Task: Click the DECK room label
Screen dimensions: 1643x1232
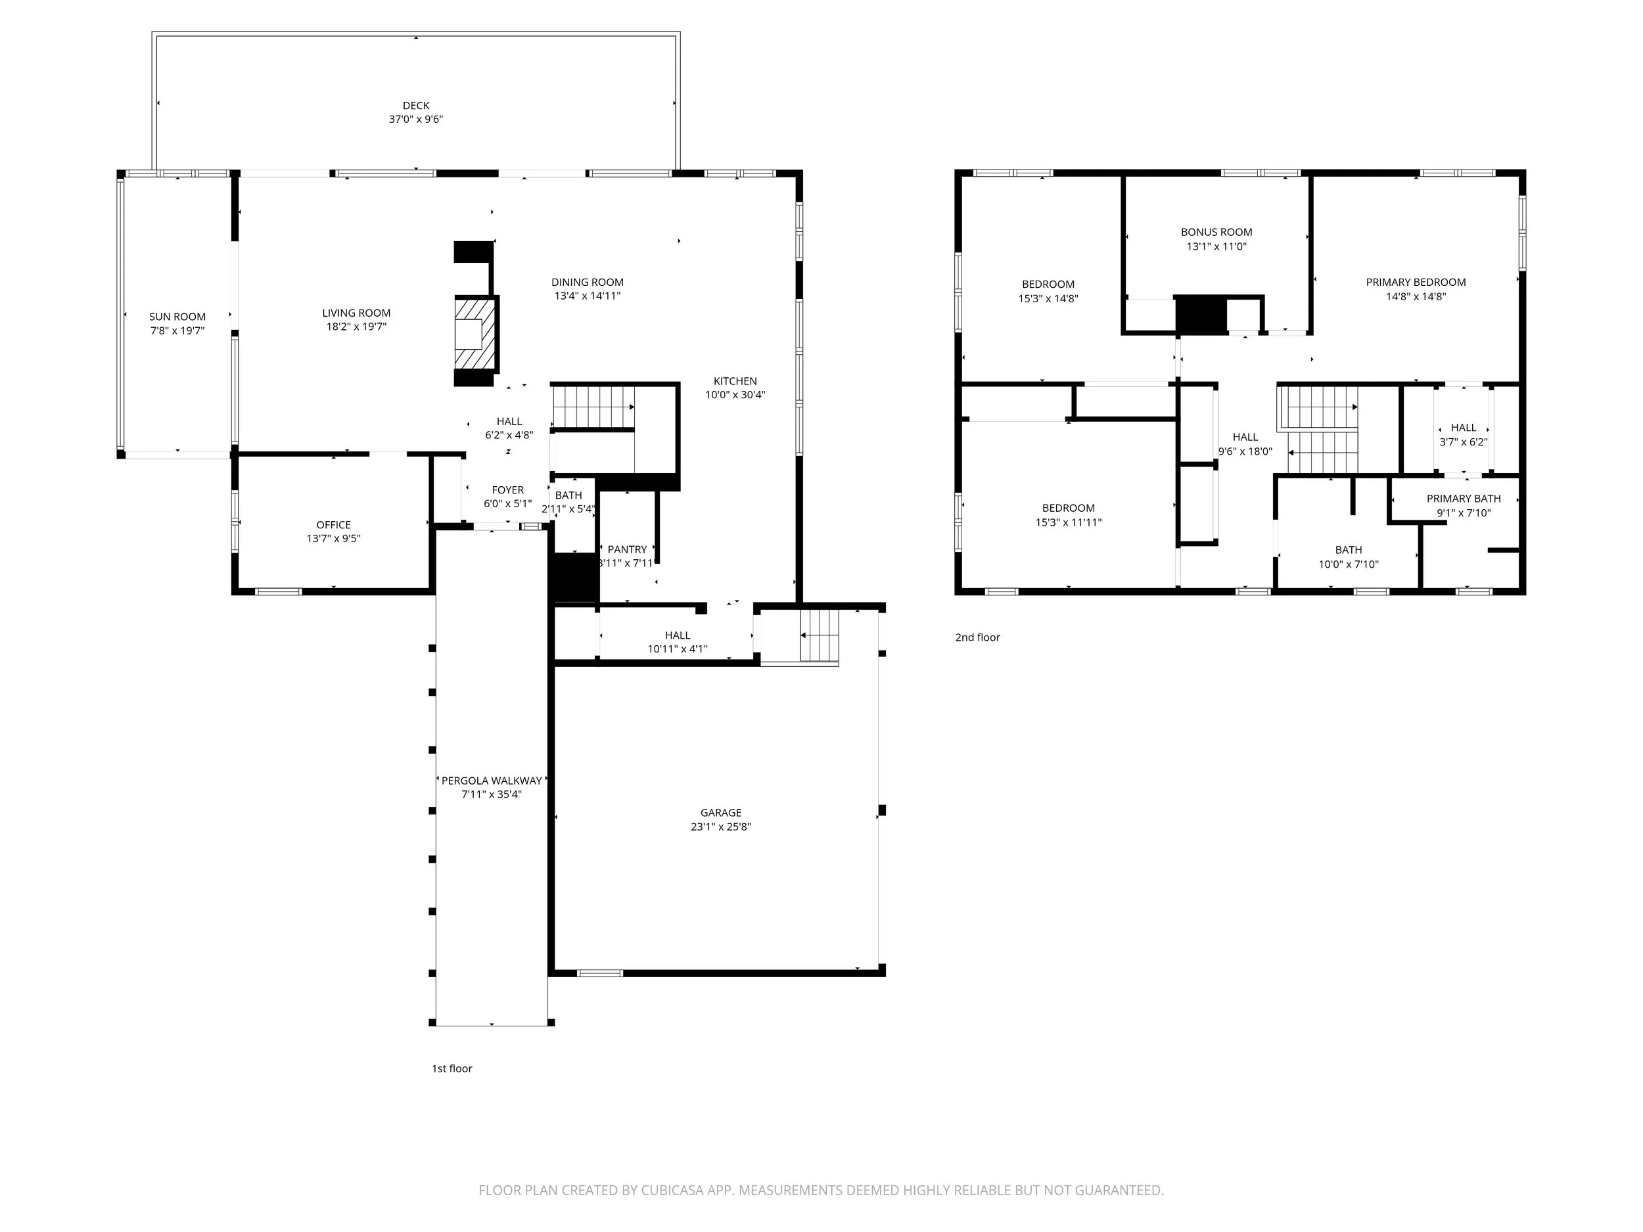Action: coord(416,105)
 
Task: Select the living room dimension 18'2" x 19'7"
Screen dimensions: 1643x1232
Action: coord(356,327)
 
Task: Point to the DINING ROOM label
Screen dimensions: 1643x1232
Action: coord(588,282)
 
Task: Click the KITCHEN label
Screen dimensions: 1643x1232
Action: coord(735,381)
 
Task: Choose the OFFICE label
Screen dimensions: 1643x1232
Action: coord(333,525)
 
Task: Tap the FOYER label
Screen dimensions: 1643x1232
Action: coord(508,490)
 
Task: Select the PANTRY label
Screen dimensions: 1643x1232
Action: coord(628,549)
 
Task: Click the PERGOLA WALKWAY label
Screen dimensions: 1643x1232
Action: coord(492,781)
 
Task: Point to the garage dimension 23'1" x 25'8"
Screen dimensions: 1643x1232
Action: coord(721,827)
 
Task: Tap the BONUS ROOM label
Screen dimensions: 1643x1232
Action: coord(1216,233)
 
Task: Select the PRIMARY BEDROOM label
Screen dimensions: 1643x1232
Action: coord(1416,282)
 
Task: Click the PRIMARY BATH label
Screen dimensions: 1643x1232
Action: coord(1463,499)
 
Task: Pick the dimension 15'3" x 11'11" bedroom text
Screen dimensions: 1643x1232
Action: coord(1069,523)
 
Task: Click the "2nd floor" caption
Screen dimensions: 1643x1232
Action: coord(977,637)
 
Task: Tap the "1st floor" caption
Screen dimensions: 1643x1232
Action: coord(452,1068)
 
